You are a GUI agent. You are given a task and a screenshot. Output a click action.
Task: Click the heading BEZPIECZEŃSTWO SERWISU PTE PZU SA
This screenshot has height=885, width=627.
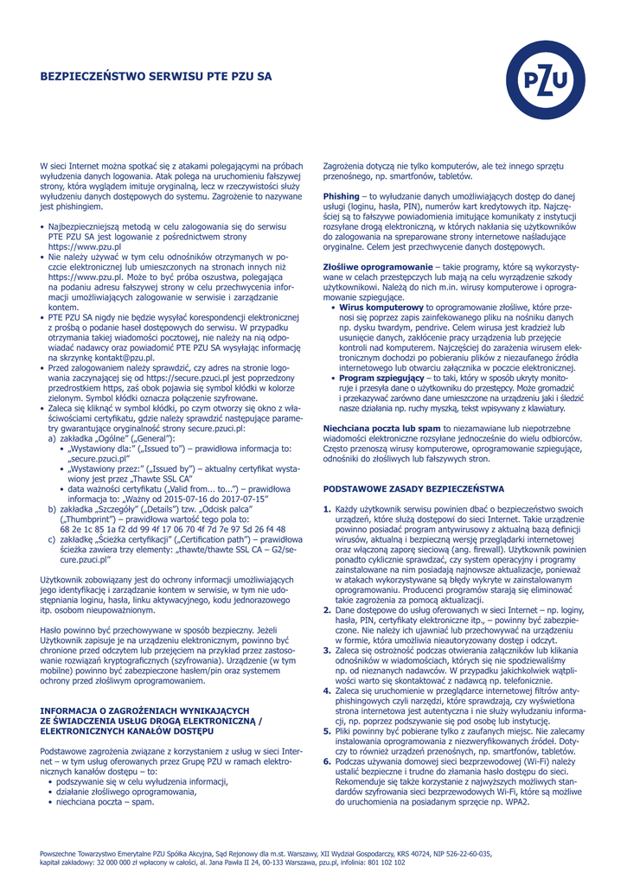(x=156, y=77)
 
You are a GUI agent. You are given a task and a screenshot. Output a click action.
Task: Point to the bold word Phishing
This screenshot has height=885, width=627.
(x=341, y=197)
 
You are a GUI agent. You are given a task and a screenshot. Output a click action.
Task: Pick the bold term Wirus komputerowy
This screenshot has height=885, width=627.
(x=381, y=308)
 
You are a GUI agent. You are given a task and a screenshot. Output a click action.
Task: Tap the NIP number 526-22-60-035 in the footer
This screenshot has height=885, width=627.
(x=468, y=853)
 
